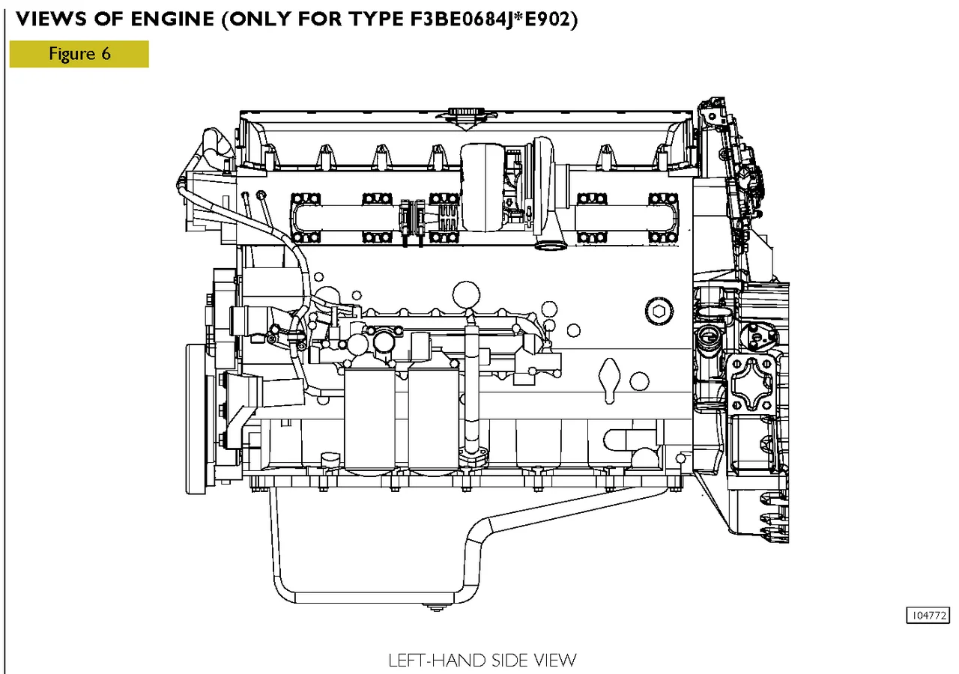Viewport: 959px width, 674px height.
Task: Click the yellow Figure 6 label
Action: coord(79,54)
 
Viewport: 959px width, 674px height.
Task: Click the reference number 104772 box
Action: coord(928,616)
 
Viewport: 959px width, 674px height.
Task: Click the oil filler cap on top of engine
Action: coord(463,115)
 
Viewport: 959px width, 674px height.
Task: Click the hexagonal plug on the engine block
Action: coord(659,310)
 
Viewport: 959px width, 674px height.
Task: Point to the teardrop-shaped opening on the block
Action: coord(611,376)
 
